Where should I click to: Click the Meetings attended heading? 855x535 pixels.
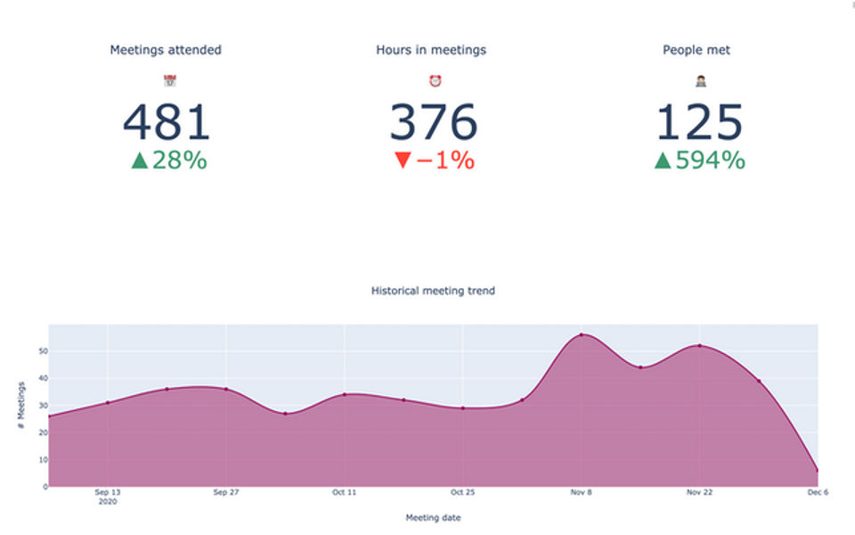tap(166, 50)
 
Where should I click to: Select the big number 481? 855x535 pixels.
tap(167, 122)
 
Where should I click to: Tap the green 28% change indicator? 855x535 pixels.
tap(169, 160)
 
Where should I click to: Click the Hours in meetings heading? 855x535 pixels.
tap(431, 50)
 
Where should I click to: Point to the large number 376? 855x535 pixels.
tap(434, 122)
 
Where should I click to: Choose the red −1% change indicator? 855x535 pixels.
tap(434, 160)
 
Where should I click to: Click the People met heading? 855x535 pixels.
tap(696, 50)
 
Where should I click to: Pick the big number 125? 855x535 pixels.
tap(700, 122)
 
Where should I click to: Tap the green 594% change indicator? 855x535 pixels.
tap(700, 160)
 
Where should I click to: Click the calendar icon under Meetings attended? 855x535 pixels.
tap(169, 81)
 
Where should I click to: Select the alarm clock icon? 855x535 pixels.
tap(435, 81)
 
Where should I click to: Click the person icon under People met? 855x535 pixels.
tap(700, 81)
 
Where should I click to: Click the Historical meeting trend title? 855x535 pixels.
tap(433, 291)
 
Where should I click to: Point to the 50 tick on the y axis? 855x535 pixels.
tap(41, 351)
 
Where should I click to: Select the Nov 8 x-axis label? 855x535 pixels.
tap(581, 492)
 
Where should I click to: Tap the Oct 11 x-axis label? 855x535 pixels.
tap(344, 492)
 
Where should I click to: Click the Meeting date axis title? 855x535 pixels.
tap(433, 518)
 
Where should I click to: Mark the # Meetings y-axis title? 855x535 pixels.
tap(20, 406)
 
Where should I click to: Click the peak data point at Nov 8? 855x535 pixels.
tap(581, 335)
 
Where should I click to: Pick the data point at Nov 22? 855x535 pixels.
tap(699, 346)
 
